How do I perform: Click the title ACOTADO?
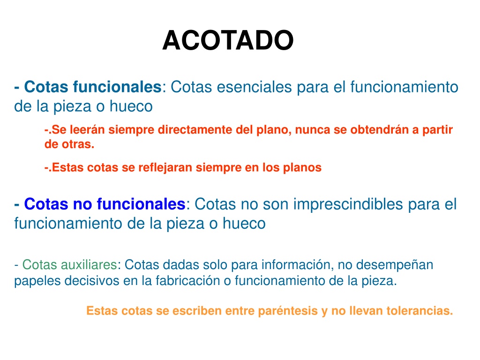click(228, 40)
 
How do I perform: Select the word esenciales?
click(255, 87)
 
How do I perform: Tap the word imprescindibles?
click(348, 204)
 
